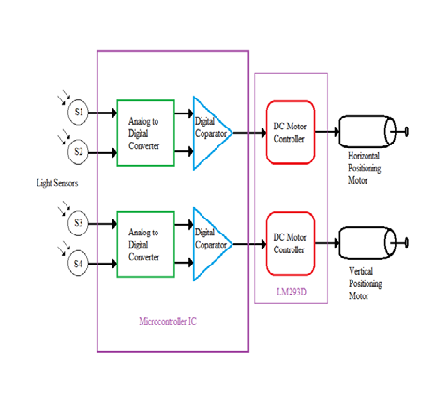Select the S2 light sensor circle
[79, 150]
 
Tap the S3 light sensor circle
[79, 225]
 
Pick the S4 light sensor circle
[79, 264]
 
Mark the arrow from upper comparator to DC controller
[249, 133]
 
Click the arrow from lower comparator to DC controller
[249, 245]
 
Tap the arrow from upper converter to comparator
[184, 133]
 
